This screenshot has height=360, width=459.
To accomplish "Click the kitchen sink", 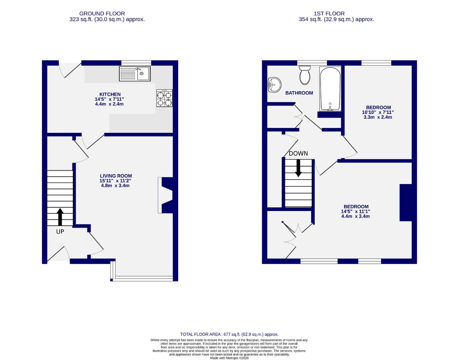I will [x=135, y=74].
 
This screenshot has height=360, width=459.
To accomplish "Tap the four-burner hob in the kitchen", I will [x=165, y=98].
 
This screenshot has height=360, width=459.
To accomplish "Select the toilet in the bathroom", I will [x=305, y=74].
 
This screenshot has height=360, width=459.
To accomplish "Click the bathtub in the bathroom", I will [x=330, y=88].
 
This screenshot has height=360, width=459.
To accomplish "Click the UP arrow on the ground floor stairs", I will [x=60, y=217].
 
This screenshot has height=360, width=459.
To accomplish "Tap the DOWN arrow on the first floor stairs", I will [x=298, y=168].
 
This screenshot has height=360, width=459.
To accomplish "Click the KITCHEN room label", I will [x=110, y=94].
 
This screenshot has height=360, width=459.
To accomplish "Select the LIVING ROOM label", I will [x=116, y=176].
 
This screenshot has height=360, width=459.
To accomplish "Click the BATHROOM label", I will [x=299, y=93].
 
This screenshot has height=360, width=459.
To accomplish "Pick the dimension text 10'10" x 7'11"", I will [x=378, y=112].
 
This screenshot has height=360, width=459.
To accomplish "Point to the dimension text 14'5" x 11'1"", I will [x=355, y=211].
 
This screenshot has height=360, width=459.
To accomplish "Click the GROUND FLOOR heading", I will [x=102, y=14].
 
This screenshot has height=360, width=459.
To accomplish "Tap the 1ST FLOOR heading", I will [x=329, y=14].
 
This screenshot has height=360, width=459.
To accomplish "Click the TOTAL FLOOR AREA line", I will [x=229, y=334].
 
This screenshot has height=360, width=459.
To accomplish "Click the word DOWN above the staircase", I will [x=298, y=153].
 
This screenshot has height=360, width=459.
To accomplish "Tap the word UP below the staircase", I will [x=60, y=231].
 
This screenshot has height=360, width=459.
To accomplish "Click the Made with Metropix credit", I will [x=229, y=358].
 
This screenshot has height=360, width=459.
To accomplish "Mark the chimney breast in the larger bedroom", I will [x=406, y=203].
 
